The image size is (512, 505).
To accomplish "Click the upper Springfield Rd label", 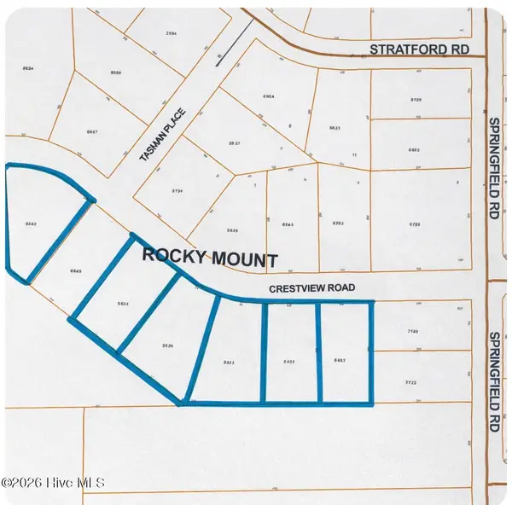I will (x=493, y=167).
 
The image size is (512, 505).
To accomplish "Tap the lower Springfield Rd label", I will (x=493, y=382).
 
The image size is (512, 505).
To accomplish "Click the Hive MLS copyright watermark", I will (x=53, y=482).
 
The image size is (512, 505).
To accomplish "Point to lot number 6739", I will (x=416, y=101).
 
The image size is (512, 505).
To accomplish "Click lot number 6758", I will (x=416, y=224).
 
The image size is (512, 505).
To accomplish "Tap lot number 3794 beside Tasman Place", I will (x=178, y=191).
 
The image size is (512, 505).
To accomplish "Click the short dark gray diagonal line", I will (x=236, y=42).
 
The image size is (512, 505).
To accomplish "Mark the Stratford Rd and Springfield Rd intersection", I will (x=486, y=55).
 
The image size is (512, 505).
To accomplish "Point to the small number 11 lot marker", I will (x=353, y=156).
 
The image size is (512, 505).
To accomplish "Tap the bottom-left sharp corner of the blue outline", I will (x=182, y=403).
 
